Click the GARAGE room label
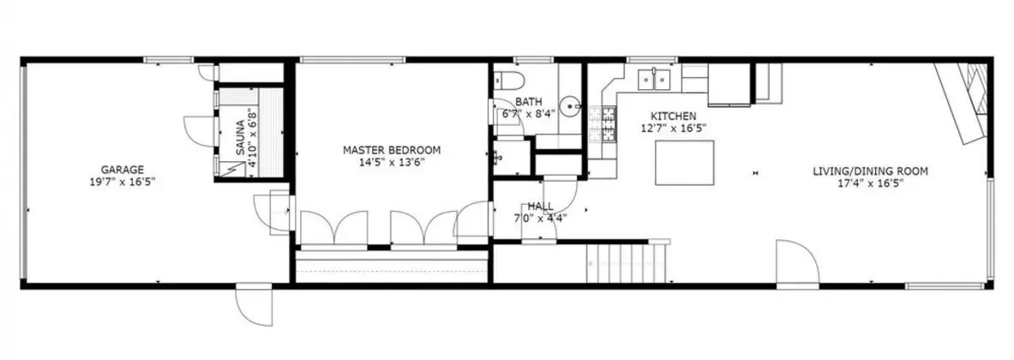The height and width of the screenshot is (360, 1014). (x=123, y=171)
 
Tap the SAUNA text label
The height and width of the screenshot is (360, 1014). (x=240, y=138)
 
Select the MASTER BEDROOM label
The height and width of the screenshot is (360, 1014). (x=391, y=150)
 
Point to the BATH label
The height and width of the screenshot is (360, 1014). (x=528, y=101)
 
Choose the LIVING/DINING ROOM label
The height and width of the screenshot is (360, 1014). (x=871, y=171)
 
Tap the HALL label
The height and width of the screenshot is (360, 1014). (x=540, y=207)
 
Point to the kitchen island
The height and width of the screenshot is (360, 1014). (x=685, y=163)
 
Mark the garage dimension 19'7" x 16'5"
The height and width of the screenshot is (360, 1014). (x=123, y=183)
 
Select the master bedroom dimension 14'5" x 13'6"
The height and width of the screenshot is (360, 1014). (x=391, y=162)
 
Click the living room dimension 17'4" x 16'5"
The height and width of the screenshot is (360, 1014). (x=871, y=183)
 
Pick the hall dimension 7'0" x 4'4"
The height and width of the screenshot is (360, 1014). (x=540, y=218)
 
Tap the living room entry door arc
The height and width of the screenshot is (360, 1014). (x=797, y=263)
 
